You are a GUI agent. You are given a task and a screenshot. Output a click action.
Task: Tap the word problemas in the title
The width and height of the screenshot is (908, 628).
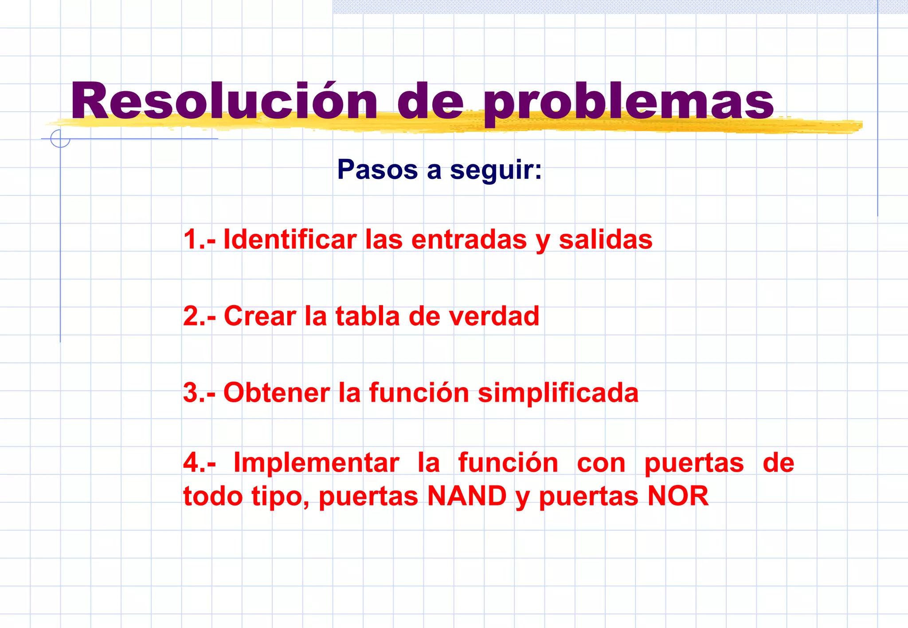click(629, 103)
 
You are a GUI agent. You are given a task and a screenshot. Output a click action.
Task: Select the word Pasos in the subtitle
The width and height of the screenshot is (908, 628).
click(377, 169)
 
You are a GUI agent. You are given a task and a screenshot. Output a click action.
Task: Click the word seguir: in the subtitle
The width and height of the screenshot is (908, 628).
click(496, 170)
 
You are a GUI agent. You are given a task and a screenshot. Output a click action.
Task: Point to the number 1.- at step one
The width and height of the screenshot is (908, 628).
click(199, 240)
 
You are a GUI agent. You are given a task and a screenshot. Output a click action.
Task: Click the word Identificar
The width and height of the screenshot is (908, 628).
click(290, 240)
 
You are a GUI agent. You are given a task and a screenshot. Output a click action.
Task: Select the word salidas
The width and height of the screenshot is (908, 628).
click(605, 240)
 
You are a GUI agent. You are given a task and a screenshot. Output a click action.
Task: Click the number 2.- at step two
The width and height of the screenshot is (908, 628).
click(199, 316)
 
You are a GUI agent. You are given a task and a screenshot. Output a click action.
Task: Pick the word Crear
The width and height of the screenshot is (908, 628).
click(260, 316)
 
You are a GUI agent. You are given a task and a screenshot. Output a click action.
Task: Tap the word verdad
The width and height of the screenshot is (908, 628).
click(494, 316)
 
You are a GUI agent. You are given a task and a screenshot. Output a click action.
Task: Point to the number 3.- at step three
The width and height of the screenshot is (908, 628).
click(199, 393)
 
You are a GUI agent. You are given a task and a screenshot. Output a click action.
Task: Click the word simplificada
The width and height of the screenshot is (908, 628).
click(558, 393)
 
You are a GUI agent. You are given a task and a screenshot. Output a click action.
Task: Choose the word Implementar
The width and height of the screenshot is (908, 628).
click(316, 463)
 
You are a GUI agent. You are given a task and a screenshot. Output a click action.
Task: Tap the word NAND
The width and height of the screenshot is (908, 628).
click(467, 496)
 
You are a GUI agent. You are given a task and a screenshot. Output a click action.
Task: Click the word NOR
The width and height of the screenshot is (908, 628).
click(678, 496)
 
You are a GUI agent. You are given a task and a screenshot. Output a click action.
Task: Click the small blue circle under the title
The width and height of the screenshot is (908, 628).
click(60, 138)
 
